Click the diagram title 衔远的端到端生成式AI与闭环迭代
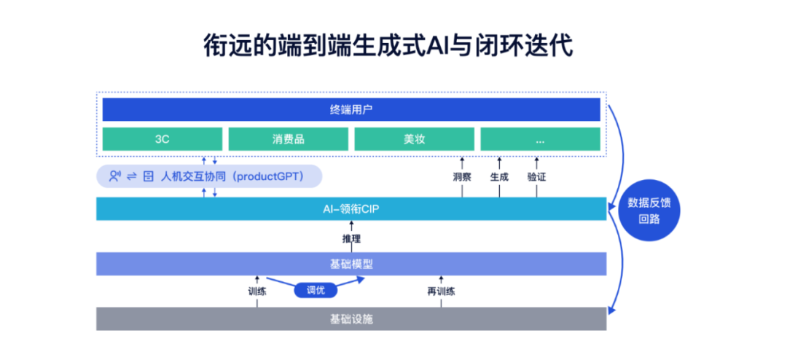pos(388,45)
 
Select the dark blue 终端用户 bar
pos(351,110)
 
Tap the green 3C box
pos(162,139)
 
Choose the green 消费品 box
pos(288,139)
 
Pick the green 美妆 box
pos(413,139)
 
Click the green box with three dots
pos(539,139)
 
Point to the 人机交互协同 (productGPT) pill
pos(210,176)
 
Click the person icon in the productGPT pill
pos(114,176)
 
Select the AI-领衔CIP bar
pos(351,209)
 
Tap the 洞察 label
pos(462,177)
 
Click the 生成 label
pos(499,177)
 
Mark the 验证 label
pos(537,177)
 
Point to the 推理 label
pos(351,238)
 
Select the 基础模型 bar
pos(351,264)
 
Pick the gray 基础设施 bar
pos(351,318)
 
